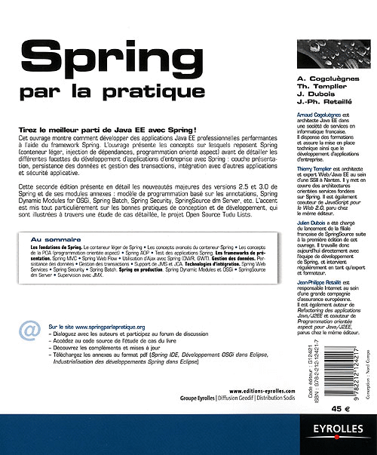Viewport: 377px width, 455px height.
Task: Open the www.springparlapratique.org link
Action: (100, 305)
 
